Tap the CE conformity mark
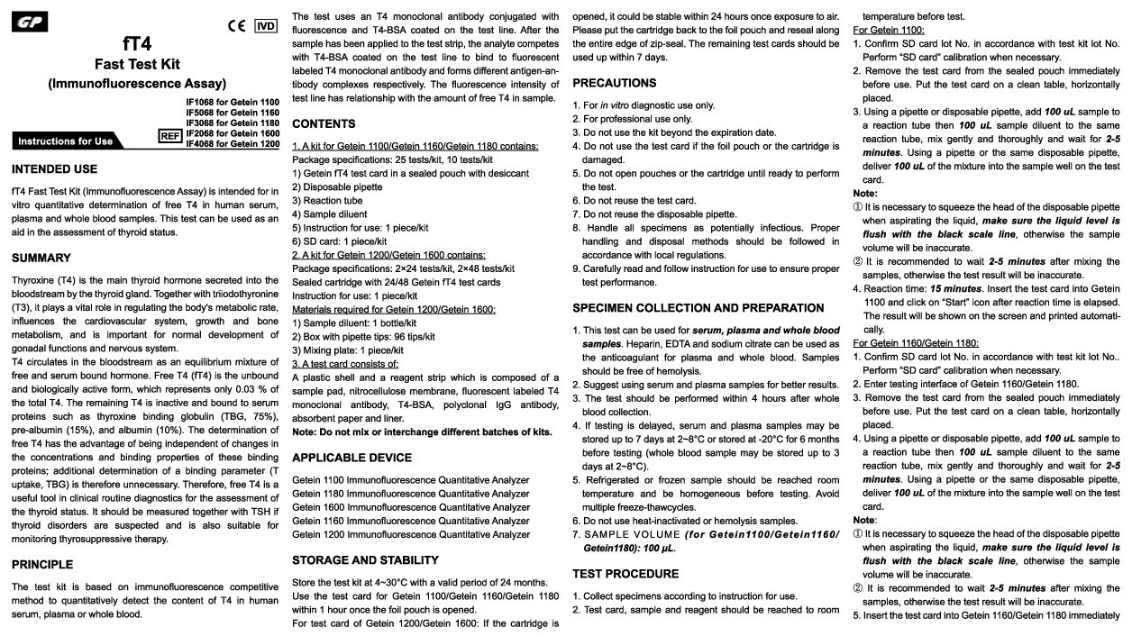tap(237, 26)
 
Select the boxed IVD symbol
tap(266, 25)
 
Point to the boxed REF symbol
tap(170, 135)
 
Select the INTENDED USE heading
tap(54, 169)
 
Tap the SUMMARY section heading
tap(41, 259)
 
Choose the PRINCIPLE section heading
tap(42, 565)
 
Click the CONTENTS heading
tap(324, 123)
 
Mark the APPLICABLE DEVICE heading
tap(351, 458)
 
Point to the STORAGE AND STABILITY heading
tap(365, 560)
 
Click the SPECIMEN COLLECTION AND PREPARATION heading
tap(698, 308)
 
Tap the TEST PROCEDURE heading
tap(625, 574)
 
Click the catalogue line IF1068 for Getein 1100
tap(233, 103)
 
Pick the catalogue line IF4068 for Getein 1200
tap(233, 144)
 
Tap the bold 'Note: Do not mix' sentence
tap(422, 432)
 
